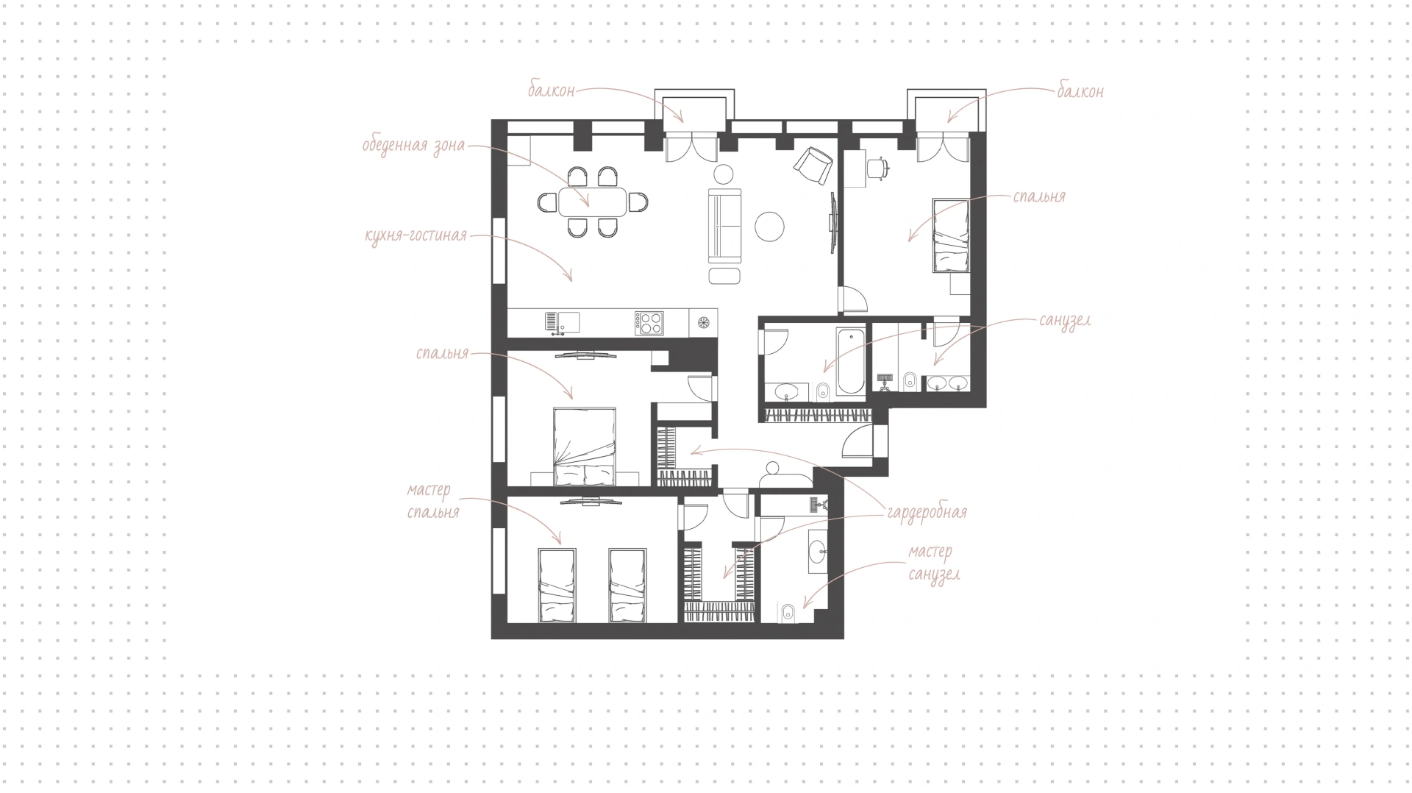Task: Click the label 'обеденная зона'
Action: pos(413,145)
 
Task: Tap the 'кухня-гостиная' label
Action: pos(416,235)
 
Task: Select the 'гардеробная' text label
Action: pos(927,512)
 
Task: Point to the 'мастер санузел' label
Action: pos(933,563)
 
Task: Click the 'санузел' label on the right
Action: pos(1065,321)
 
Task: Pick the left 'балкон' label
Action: pos(551,91)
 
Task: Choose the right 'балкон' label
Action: pos(1080,92)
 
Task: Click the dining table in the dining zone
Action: pos(592,202)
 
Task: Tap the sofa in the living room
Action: pos(724,225)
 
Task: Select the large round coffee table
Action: pos(770,226)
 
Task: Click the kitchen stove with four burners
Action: pos(650,323)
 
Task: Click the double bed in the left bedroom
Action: pos(583,447)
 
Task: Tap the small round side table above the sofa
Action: pos(724,174)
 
